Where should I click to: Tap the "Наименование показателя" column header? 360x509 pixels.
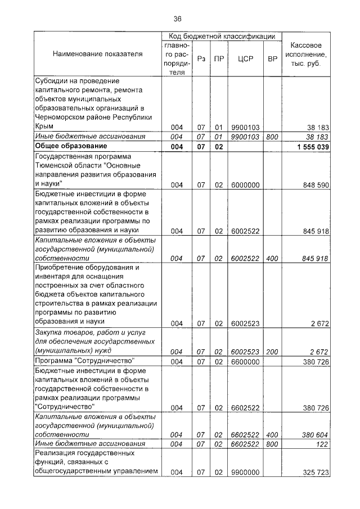tap(98, 54)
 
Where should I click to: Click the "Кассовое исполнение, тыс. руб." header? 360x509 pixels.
tap(306, 54)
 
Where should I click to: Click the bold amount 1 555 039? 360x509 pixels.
tap(311, 147)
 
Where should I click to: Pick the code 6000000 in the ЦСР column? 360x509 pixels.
tap(245, 184)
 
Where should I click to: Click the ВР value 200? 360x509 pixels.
tap(272, 352)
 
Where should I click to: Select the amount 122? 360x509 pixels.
tap(322, 444)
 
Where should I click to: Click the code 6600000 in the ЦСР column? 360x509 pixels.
tap(245, 361)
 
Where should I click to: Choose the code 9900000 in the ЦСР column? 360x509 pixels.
tap(245, 472)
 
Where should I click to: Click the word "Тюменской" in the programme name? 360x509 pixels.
tap(61, 165)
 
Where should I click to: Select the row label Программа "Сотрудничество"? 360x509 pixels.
tap(87, 361)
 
